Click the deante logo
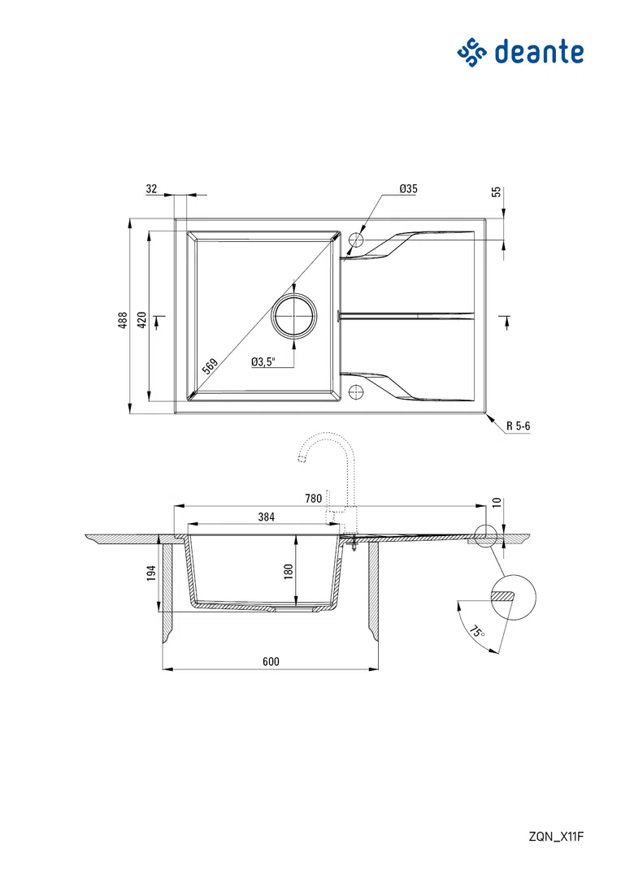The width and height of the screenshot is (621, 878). [520, 52]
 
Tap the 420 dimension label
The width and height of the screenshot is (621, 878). [141, 320]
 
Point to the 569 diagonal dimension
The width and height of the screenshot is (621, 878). [210, 365]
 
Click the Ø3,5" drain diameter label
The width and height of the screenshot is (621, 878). [263, 361]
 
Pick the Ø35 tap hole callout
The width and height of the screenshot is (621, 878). [408, 188]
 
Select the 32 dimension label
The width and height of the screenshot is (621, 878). [151, 188]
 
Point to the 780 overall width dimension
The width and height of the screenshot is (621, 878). [313, 498]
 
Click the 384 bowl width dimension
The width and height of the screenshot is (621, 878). [267, 517]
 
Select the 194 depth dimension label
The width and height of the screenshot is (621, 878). [150, 573]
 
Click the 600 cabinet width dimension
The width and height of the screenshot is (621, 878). [271, 661]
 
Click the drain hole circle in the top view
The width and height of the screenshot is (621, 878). [293, 315]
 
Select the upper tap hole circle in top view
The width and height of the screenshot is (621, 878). [355, 240]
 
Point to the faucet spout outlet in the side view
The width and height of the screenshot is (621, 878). [302, 459]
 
